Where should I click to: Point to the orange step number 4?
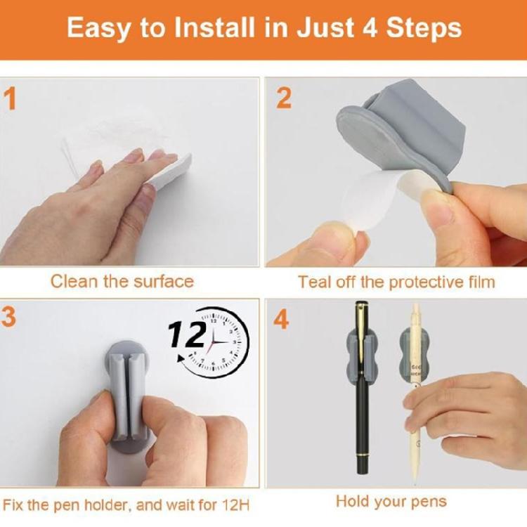point(282,320)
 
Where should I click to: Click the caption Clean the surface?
point(122,282)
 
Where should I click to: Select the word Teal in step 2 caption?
point(313,282)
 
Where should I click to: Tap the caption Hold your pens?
point(391,501)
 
